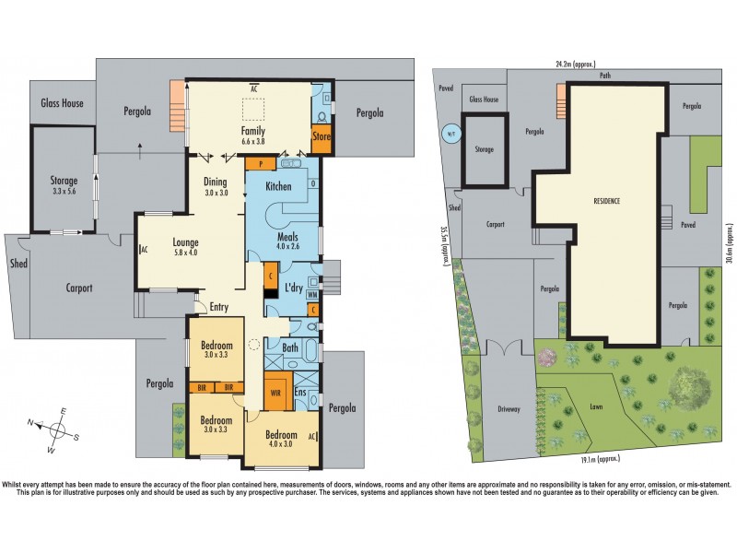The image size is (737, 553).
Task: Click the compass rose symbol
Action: point(57,429)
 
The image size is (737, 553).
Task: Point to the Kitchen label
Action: point(278,187)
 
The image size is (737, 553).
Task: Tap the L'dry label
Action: point(294,288)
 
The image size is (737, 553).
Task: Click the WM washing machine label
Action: point(312,294)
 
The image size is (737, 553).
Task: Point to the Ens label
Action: point(299,392)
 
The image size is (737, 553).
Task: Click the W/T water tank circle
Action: point(450,132)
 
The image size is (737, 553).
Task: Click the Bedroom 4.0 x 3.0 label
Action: point(282,439)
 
